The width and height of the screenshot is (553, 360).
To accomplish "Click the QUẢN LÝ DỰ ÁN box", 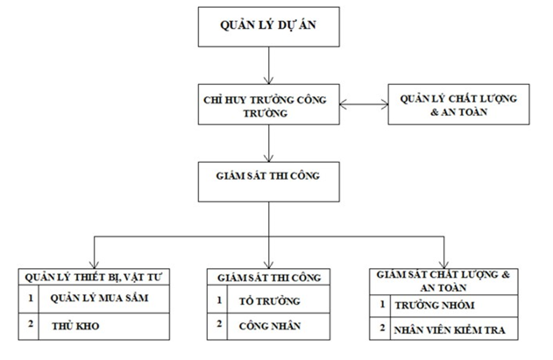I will (x=266, y=28).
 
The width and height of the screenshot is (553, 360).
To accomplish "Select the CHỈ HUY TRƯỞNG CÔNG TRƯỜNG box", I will (x=266, y=107).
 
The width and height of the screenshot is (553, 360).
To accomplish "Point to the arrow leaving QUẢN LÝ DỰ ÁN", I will (x=266, y=67).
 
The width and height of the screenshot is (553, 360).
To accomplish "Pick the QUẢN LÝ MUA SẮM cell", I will (x=103, y=300).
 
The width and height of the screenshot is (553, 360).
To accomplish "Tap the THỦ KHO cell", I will (x=103, y=326).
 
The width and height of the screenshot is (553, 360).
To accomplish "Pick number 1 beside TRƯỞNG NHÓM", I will (x=382, y=306).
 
